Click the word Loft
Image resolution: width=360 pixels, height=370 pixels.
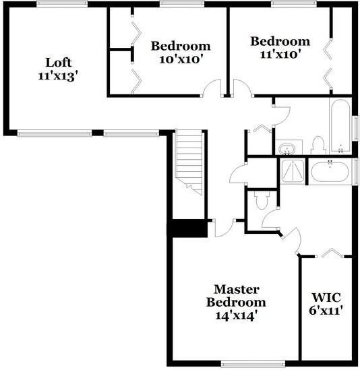58,63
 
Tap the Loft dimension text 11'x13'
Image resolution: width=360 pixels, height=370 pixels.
58,76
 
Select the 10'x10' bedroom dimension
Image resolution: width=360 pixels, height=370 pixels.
181,59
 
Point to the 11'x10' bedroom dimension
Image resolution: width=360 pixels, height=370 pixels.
281,55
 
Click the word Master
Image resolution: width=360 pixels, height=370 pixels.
237,289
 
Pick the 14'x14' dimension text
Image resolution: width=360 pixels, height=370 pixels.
236,315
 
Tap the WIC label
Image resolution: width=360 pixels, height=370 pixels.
326,297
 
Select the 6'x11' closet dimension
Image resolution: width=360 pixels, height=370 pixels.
326,311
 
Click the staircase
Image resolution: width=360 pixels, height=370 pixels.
189,162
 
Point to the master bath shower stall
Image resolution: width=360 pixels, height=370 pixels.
293,171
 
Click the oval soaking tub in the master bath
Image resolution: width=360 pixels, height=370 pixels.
330,172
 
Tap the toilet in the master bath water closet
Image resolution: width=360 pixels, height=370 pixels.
262,200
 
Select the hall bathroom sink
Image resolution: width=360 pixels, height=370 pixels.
287,149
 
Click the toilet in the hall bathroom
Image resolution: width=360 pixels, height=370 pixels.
318,146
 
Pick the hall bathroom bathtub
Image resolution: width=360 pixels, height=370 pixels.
340,127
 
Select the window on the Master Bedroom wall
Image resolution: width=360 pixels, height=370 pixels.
253,364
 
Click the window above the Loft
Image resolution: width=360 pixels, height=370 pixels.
62,3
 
